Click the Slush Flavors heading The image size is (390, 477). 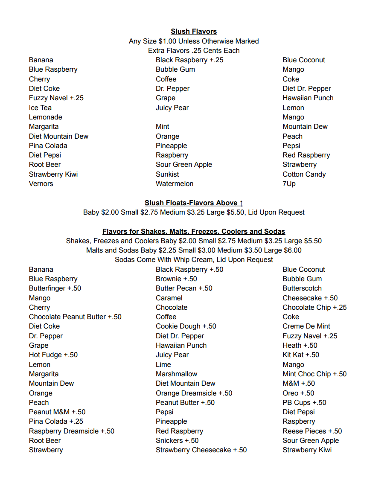pyautogui.click(x=194, y=32)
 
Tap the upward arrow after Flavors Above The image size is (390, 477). pyautogui.click(x=241, y=203)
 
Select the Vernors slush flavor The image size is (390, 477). pyautogui.click(x=41, y=184)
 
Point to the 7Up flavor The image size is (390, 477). pyautogui.click(x=289, y=184)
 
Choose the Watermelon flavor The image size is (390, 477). pyautogui.click(x=175, y=184)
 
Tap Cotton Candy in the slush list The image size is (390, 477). pyautogui.click(x=304, y=175)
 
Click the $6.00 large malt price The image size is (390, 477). pyautogui.click(x=292, y=250)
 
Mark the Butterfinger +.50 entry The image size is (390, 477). pyautogui.click(x=55, y=288)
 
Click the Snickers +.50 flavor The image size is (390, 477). pyautogui.click(x=177, y=441)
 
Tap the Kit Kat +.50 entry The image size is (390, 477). pyautogui.click(x=301, y=355)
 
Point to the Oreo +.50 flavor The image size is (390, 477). pyautogui.click(x=298, y=393)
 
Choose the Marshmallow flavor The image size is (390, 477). pyautogui.click(x=177, y=374)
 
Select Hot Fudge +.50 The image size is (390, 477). pyautogui.click(x=53, y=355)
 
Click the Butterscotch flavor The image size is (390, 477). pyautogui.click(x=302, y=288)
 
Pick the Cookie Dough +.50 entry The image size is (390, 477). pyautogui.click(x=186, y=326)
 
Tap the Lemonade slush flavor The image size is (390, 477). pyautogui.click(x=46, y=117)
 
